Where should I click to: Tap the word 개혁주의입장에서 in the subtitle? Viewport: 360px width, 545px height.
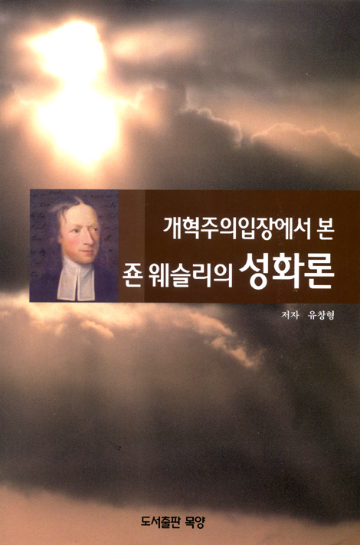234,229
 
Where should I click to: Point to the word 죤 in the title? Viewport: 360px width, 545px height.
131,277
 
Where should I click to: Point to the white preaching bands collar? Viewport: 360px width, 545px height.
75,279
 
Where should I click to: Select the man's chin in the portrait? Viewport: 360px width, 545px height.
87,260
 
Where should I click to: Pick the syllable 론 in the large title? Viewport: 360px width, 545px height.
319,272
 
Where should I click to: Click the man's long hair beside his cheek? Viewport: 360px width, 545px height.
55,233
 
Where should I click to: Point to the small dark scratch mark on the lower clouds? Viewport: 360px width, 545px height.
114,445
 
